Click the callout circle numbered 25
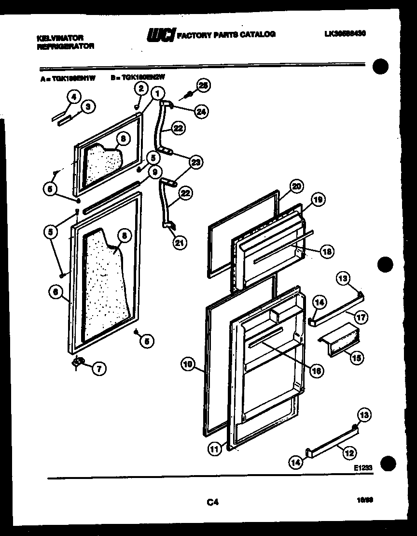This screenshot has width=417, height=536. tap(204, 86)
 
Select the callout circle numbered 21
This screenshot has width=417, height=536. tap(180, 243)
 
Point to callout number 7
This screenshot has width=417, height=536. tap(98, 369)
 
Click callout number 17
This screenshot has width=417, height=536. tap(361, 318)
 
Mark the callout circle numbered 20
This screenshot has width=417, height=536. tap(296, 186)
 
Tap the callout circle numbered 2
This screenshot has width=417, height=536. tap(140, 88)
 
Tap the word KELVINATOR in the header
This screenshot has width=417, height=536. tap(60, 37)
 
